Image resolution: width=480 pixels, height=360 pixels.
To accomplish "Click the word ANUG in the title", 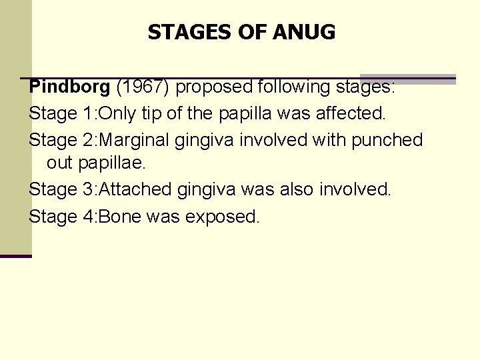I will click(x=308, y=31).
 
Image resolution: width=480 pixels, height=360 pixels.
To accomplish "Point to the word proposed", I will click(x=215, y=87).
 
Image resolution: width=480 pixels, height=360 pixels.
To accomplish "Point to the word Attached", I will click(x=135, y=189).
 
